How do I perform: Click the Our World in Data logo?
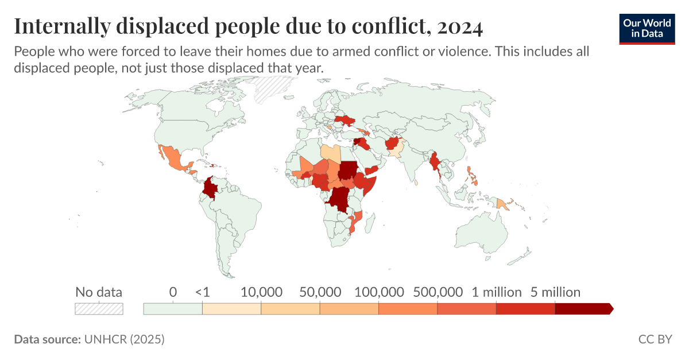coord(647,28)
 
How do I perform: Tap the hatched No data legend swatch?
coord(99,309)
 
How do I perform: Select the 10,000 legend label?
coord(261,292)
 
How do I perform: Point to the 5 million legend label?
coord(555,292)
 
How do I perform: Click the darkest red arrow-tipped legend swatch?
coord(583,309)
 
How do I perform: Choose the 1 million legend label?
coord(497,292)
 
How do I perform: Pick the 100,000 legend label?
coord(379,292)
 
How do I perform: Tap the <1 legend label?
coord(202,292)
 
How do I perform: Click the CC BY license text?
coord(655,339)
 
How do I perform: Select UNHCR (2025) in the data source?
coord(124,339)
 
